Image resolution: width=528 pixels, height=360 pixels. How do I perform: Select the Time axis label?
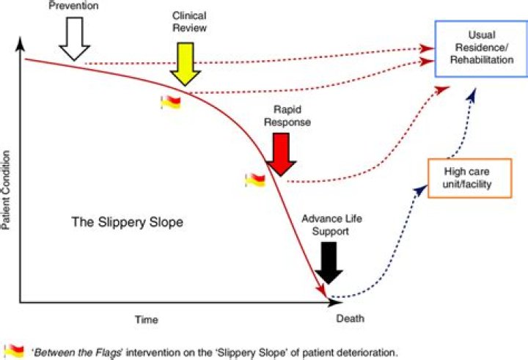[x=146, y=320]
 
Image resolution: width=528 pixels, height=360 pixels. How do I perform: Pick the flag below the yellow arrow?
[x=170, y=103]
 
